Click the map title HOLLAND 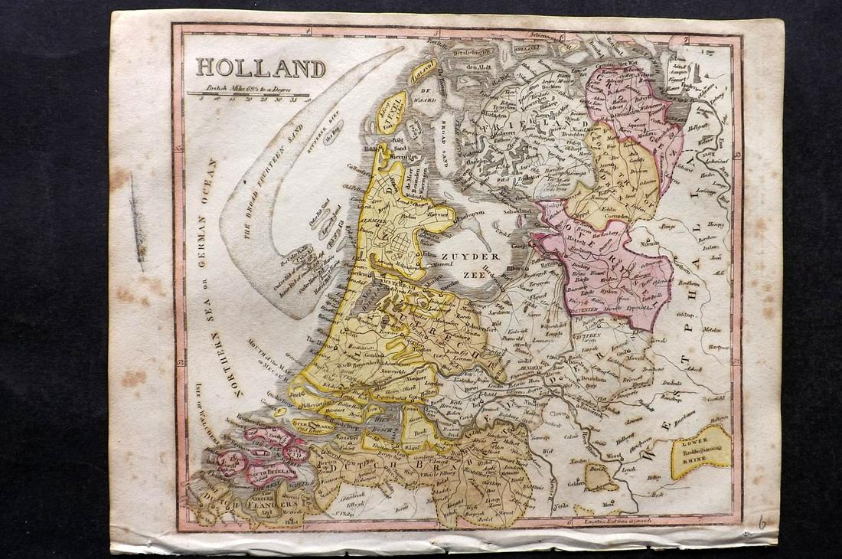click(x=260, y=68)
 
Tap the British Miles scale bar click(x=249, y=95)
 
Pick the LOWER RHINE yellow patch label click(x=701, y=451)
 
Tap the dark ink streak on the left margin click(x=137, y=222)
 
